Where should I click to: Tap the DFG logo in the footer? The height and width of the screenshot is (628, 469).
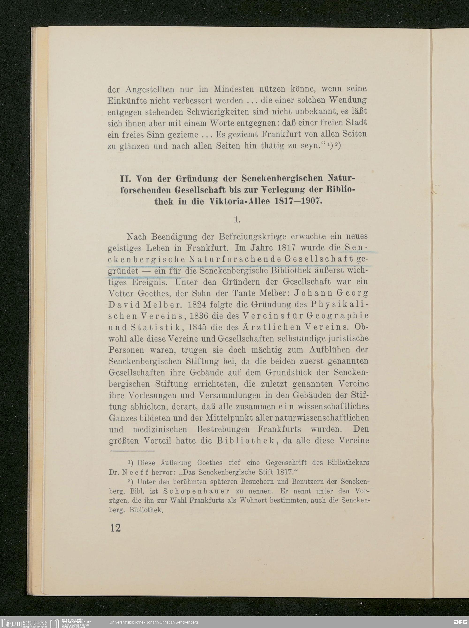(x=460, y=622)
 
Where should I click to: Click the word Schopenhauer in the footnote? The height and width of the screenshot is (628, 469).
(x=197, y=491)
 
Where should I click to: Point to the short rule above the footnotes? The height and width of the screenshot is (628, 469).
(x=132, y=451)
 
